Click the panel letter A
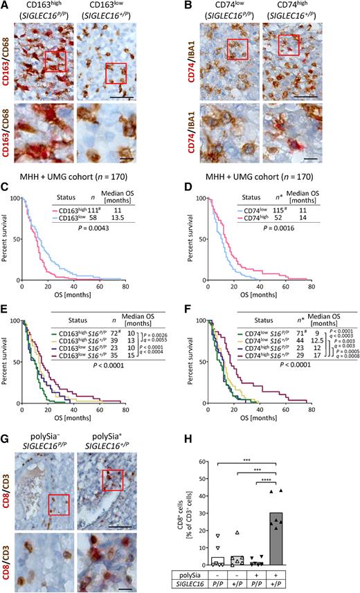[6, 6]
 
